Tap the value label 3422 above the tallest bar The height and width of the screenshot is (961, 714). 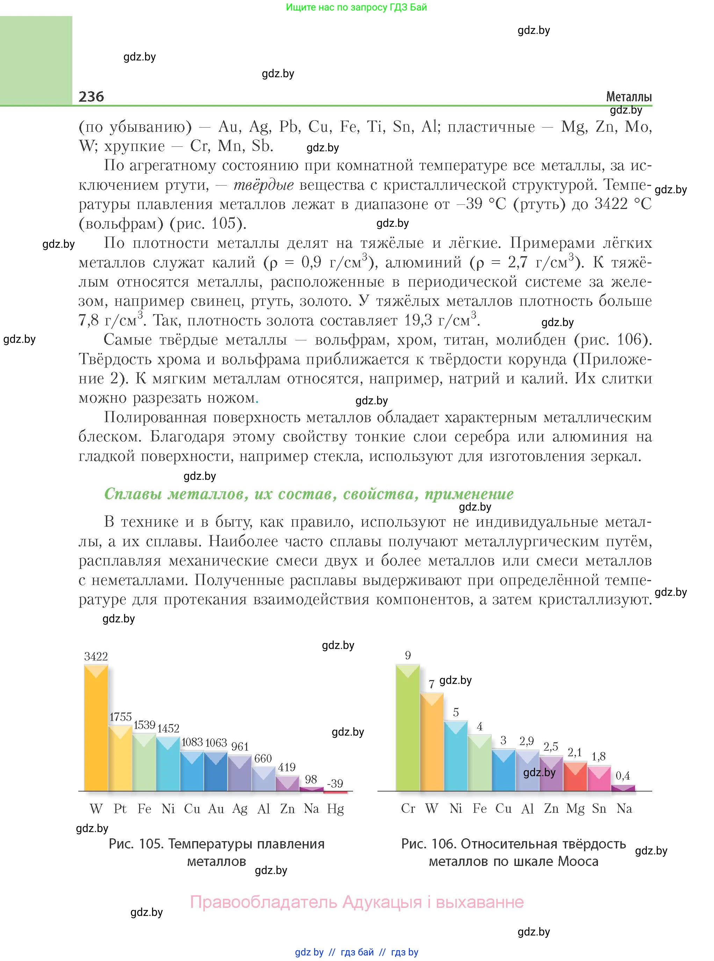click(96, 656)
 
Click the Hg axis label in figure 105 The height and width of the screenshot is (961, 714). click(336, 809)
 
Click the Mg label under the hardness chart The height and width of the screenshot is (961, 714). click(575, 809)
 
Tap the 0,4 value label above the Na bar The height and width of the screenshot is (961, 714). click(623, 776)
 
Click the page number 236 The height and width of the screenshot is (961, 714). click(91, 96)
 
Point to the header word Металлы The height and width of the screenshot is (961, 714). click(628, 97)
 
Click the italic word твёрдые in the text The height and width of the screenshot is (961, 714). click(264, 185)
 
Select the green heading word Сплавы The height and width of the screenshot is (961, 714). click(133, 494)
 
